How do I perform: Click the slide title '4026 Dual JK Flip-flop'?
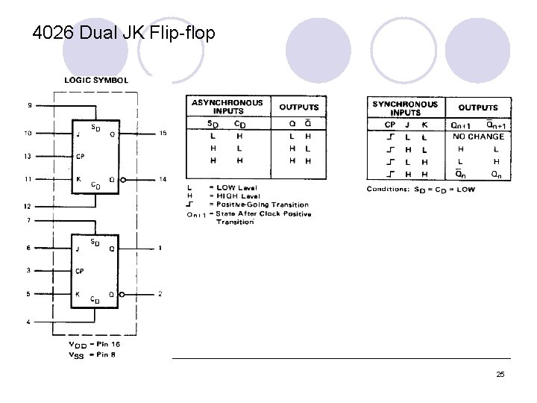pos(124,33)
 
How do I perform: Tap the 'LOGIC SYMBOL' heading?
pos(96,80)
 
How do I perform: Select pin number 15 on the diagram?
pos(163,134)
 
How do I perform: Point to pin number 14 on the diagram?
pos(163,179)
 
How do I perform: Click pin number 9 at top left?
pos(29,106)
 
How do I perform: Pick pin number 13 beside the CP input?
pos(28,157)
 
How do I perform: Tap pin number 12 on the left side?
pos(28,206)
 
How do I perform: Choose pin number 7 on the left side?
pos(28,220)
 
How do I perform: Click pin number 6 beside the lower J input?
pos(28,248)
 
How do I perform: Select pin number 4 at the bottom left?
pos(28,322)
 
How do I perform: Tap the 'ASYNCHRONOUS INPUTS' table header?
pos(227,106)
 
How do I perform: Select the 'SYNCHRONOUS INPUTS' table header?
pos(405,107)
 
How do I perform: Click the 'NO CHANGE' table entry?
pos(478,137)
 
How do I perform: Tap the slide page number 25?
pos(500,374)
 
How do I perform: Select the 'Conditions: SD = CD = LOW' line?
pos(420,189)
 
